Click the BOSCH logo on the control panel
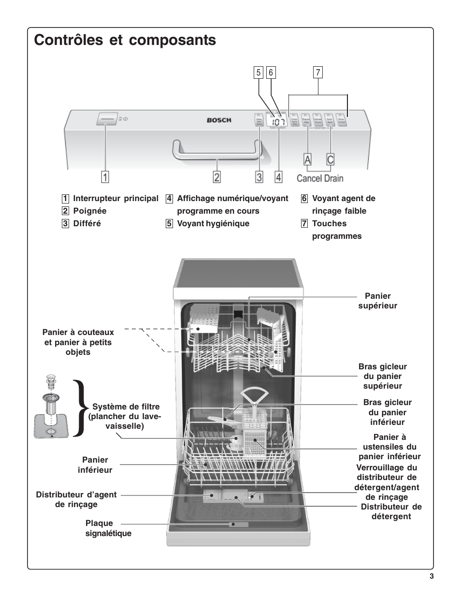[219, 120]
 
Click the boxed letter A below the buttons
[307, 160]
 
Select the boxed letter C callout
[331, 160]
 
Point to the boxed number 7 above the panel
[318, 73]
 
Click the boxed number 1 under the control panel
[105, 177]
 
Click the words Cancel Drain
[320, 178]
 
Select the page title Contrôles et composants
[125, 40]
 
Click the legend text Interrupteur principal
[115, 198]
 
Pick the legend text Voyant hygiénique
[213, 223]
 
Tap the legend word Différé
[87, 223]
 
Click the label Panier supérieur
[377, 301]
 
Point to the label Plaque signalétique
[108, 528]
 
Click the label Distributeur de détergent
[391, 511]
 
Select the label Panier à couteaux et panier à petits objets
[78, 342]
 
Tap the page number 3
[431, 576]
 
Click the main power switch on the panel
[107, 118]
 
